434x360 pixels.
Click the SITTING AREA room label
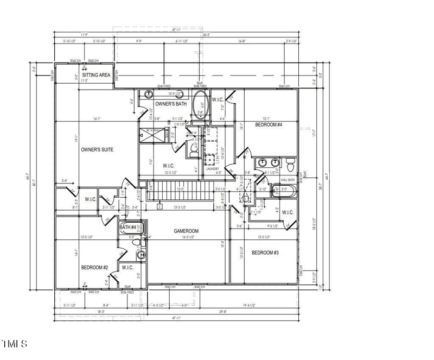coord(97,75)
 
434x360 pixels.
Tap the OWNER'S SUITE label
coord(97,149)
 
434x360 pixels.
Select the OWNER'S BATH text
coord(171,103)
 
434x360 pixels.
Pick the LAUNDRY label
coord(212,169)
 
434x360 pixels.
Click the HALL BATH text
coord(288,180)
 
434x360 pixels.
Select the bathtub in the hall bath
coord(284,191)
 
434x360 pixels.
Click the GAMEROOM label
coord(186,231)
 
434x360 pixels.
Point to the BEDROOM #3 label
coord(265,252)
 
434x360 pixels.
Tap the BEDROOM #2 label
coord(95,268)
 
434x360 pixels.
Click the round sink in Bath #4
coord(141,255)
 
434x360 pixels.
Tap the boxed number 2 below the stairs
coord(159,206)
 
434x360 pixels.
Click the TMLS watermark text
coord(15,343)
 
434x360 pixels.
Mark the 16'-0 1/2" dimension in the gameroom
coord(186,237)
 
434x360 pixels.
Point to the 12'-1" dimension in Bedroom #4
coord(266,118)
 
